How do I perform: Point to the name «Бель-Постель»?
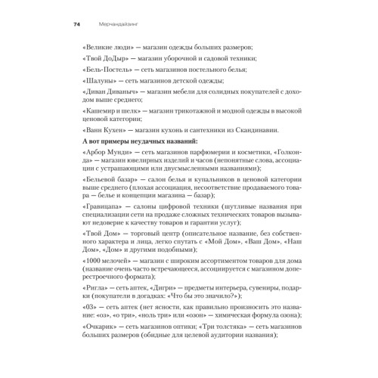tap(103, 78)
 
